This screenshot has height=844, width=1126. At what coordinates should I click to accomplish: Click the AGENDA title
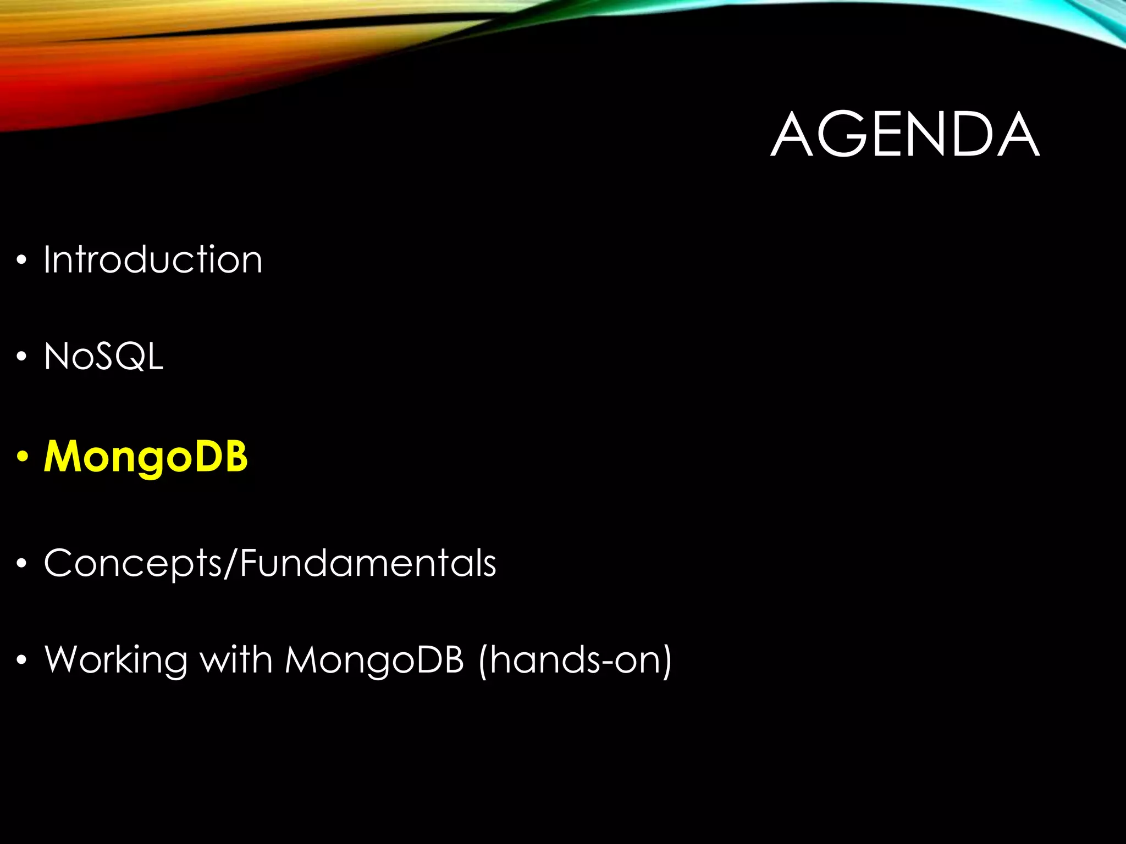[905, 135]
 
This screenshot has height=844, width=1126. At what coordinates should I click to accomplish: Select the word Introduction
[153, 259]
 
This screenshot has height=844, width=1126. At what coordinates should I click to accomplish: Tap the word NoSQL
[104, 357]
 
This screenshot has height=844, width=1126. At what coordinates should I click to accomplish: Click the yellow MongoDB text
[146, 457]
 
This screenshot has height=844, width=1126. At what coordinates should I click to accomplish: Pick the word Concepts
[132, 563]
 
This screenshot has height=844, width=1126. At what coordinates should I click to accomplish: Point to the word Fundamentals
[368, 563]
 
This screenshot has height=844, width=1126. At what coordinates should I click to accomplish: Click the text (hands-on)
[575, 660]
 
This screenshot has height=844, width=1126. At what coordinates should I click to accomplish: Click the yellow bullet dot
[22, 457]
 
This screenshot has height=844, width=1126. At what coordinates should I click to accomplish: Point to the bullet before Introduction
[21, 260]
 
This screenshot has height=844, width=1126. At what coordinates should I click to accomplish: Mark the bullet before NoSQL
[21, 357]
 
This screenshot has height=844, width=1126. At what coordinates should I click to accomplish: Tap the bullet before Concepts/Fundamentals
[21, 564]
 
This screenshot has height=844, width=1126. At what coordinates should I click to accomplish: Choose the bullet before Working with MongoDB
[21, 660]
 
